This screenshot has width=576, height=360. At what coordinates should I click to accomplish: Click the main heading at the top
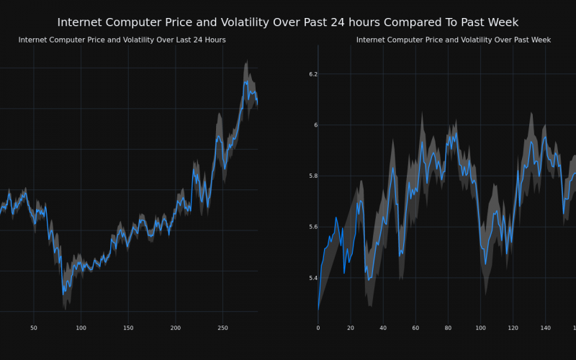pos(288,23)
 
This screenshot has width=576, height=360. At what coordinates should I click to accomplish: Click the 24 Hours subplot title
pos(122,40)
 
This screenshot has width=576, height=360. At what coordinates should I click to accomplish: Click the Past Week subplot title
pos(453,40)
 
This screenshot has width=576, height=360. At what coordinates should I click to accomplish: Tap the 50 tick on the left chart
pos(34,328)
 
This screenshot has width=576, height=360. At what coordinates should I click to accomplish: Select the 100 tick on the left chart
pos(81,328)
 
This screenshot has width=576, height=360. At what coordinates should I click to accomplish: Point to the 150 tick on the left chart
pos(128,328)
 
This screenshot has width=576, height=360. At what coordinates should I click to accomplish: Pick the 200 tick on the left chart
pos(176,328)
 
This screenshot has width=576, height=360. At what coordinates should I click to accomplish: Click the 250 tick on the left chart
pos(222,328)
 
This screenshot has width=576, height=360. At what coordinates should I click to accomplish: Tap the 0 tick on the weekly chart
pos(318,328)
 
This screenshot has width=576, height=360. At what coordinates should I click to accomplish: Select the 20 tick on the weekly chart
pos(351,328)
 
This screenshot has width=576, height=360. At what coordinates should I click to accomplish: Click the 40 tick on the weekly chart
pos(383,328)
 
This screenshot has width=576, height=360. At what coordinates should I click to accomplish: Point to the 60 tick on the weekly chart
pos(415,328)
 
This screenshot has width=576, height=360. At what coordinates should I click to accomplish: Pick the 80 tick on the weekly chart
pos(448,328)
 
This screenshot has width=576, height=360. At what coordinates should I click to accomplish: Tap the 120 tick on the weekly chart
pos(513,328)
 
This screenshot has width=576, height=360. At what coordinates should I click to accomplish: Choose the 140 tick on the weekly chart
pos(545,328)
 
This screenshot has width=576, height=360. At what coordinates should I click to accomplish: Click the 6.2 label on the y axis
pos(312,74)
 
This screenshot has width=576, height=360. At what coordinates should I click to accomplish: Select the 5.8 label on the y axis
pos(312,176)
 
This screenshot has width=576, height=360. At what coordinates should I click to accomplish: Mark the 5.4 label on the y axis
pos(312,278)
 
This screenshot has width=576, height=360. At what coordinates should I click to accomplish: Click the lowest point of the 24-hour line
pos(63,293)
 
